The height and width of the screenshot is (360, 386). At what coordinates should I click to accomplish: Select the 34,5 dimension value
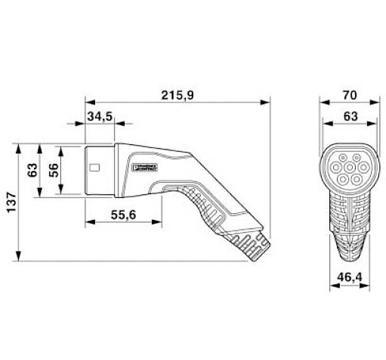(99, 117)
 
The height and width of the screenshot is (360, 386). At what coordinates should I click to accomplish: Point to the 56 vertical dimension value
(53, 170)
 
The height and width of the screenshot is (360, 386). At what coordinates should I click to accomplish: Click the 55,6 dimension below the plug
(123, 214)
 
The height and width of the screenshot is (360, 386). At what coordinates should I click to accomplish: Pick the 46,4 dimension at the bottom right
(350, 276)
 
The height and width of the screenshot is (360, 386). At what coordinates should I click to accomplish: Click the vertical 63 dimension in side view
(32, 170)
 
